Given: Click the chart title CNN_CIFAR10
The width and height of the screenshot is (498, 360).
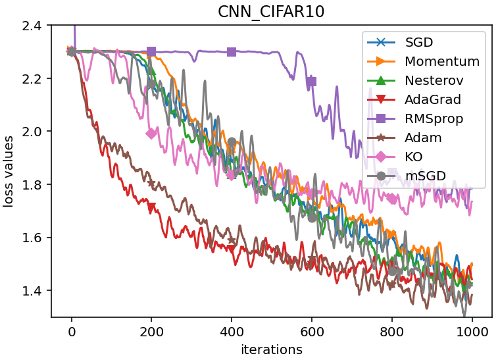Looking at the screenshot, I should [x=271, y=11].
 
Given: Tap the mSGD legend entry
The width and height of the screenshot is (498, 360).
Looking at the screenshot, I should [x=424, y=176].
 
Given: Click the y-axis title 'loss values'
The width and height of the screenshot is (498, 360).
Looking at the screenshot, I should [x=9, y=171].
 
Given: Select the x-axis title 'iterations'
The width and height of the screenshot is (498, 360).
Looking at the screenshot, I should [x=271, y=349].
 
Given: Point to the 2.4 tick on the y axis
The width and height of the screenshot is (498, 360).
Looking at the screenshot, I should [x=32, y=26].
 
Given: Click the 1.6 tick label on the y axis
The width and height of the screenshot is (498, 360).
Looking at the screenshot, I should [x=32, y=238].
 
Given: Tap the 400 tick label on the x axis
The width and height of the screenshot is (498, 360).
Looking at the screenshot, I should [x=232, y=330].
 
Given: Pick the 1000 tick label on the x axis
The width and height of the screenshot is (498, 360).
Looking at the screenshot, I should [x=472, y=330].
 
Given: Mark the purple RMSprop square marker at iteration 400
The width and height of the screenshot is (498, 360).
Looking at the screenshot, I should [x=232, y=51].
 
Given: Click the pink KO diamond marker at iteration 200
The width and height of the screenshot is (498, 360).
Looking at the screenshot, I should [x=151, y=133].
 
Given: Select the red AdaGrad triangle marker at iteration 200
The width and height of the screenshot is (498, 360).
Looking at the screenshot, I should [x=151, y=207].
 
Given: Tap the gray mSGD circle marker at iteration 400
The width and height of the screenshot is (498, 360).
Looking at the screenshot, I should [x=232, y=142].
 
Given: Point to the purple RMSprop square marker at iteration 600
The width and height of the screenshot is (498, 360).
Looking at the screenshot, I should [x=312, y=82].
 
